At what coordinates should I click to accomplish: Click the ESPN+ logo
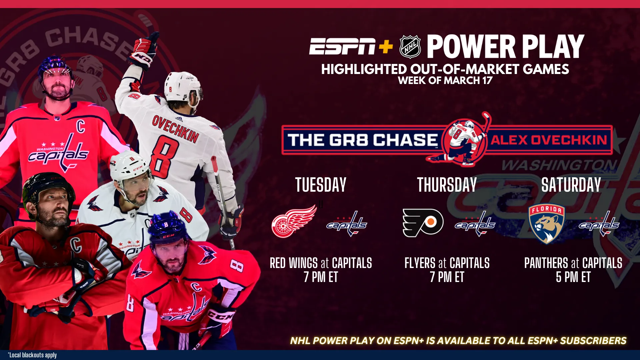(351, 46)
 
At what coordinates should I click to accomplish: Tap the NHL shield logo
(410, 47)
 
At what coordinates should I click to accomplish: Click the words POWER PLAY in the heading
(505, 47)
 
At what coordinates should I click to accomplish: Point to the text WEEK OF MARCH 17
(445, 81)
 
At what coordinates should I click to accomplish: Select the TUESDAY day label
(321, 185)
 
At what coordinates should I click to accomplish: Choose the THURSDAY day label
(447, 185)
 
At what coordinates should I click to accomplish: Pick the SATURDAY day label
(571, 185)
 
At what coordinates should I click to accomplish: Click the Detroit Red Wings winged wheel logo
(294, 221)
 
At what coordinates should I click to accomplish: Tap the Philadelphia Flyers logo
(423, 223)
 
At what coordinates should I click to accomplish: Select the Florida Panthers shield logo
(547, 224)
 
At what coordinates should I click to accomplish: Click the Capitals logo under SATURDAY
(599, 224)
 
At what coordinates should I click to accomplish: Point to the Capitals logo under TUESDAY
(347, 224)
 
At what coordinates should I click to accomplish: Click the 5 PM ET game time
(573, 277)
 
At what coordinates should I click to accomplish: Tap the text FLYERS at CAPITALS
(447, 263)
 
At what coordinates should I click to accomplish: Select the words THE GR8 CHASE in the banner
(362, 140)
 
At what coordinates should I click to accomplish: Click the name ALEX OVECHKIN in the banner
(549, 140)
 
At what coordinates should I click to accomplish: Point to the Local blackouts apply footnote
(32, 355)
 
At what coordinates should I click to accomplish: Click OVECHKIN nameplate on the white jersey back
(175, 128)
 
